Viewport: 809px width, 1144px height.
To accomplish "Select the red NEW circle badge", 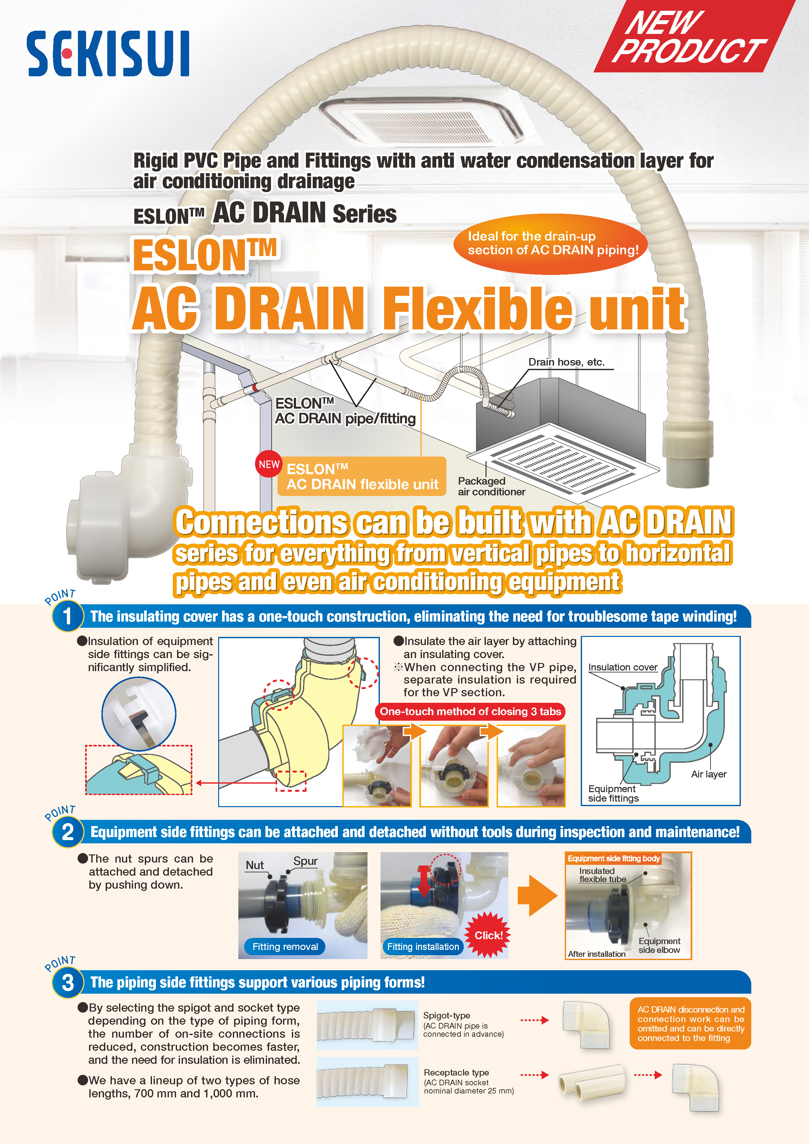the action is tap(269, 464).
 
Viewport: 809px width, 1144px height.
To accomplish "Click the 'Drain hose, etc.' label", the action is tap(566, 362).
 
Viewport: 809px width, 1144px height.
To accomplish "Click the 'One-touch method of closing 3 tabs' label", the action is tap(470, 712).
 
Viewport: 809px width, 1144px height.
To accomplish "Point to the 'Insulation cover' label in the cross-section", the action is tap(623, 667).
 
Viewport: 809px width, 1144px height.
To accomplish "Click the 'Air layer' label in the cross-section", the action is tap(708, 774).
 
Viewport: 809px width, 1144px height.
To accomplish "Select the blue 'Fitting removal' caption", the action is tap(285, 946).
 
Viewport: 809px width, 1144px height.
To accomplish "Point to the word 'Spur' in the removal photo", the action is tap(305, 861).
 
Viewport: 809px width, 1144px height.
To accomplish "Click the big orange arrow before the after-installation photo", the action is tap(537, 896).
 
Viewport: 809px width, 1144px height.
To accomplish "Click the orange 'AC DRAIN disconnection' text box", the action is tap(690, 1023).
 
